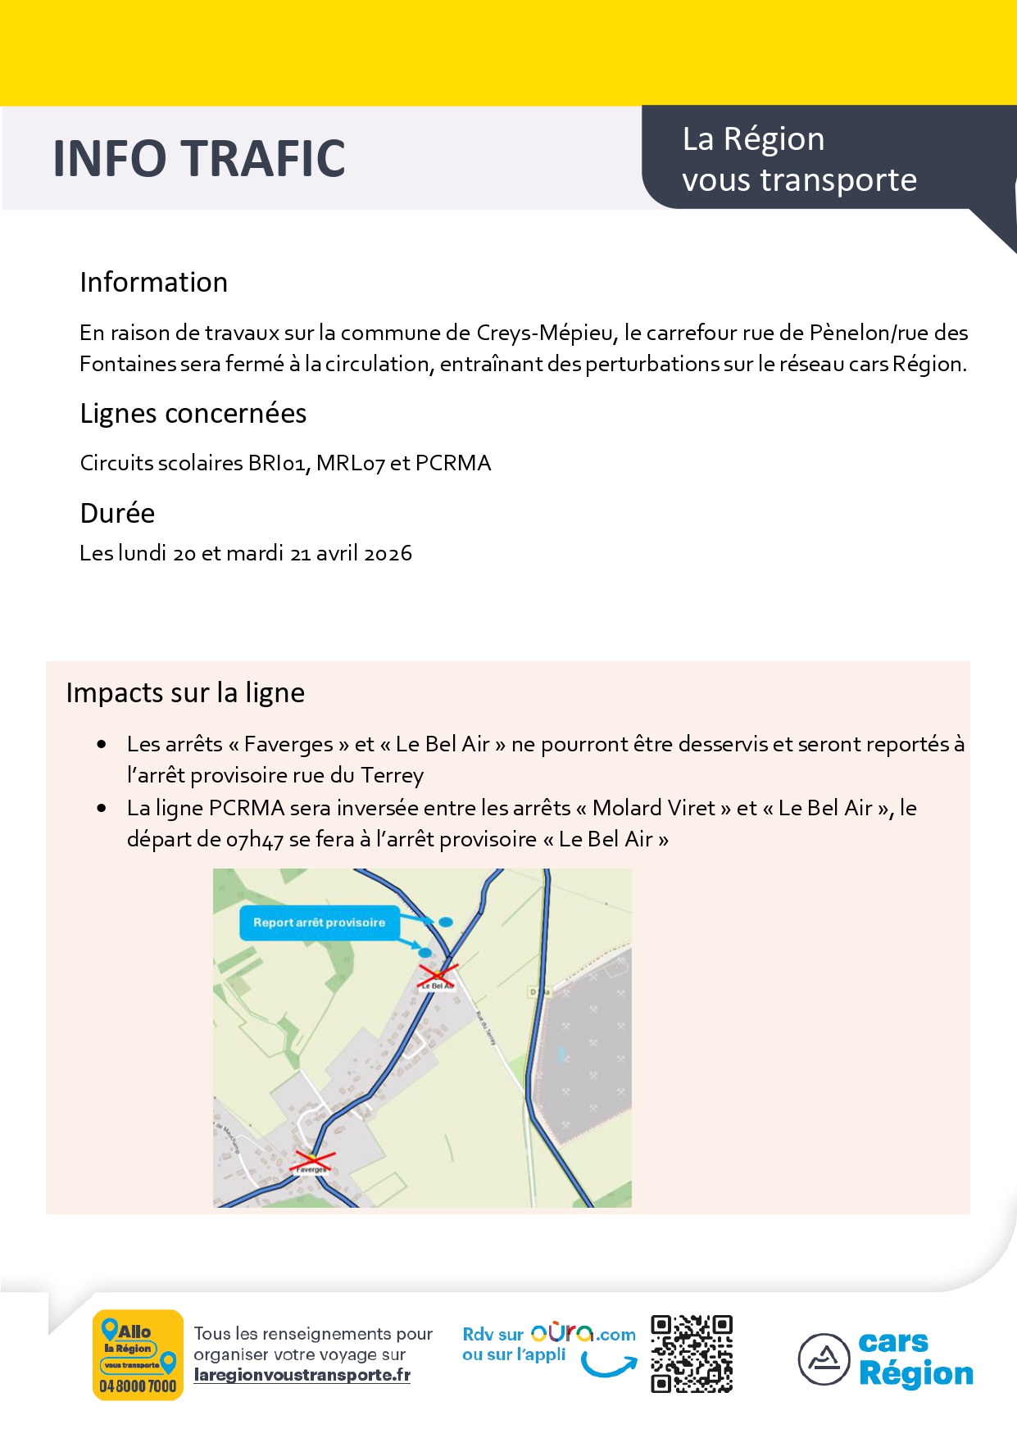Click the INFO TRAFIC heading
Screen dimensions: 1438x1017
tap(199, 158)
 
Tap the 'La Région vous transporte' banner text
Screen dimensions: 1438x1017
tap(799, 160)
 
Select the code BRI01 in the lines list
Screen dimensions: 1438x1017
tap(279, 463)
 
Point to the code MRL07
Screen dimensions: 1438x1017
tap(350, 463)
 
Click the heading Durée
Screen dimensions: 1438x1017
tap(117, 513)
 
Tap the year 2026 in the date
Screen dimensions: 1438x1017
tap(388, 553)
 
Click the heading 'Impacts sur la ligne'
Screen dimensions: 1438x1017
tap(185, 693)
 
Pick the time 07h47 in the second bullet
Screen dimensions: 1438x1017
tap(254, 840)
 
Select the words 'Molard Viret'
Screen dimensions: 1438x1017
tap(654, 808)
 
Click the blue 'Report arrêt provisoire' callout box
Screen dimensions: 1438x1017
tap(319, 923)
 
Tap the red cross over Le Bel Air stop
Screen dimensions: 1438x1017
tap(438, 974)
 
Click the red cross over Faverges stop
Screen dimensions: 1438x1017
tap(312, 1159)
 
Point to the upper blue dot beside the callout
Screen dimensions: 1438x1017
tap(446, 922)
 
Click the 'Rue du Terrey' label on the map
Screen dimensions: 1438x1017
tap(486, 1027)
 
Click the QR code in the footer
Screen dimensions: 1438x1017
tap(691, 1354)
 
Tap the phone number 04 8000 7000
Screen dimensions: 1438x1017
tap(138, 1386)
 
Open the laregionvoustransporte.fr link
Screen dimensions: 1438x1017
tap(302, 1375)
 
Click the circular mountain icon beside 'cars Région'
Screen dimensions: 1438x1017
tap(824, 1359)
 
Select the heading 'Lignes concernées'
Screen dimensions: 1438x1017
tap(193, 414)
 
